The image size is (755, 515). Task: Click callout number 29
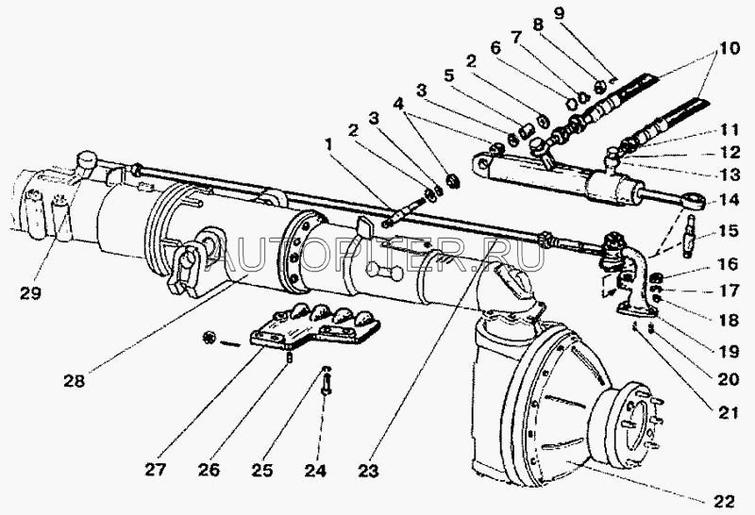31,292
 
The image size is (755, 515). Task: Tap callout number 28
75,381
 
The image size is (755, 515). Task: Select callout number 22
724,501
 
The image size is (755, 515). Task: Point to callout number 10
729,48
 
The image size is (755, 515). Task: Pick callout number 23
368,471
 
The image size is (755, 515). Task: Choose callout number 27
155,470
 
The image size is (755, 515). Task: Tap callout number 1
328,144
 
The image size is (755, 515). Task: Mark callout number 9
558,13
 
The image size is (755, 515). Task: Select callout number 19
729,352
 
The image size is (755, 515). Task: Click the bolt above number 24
327,384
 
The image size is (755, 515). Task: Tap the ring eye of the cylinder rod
694,201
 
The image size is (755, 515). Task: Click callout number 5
449,76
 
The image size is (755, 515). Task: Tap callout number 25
262,471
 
